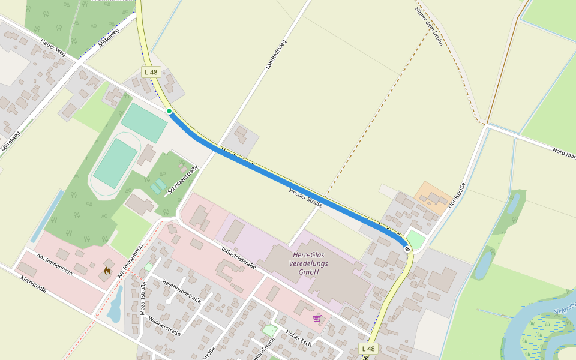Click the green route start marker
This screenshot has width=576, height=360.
point(169,111)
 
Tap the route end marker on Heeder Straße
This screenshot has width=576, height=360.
point(408,248)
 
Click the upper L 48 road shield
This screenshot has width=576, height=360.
point(151,72)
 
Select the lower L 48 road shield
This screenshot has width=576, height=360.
point(369,349)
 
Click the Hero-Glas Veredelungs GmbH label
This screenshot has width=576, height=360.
point(304,264)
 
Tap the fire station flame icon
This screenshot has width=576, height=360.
point(107,271)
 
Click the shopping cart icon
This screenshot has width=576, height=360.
point(317,318)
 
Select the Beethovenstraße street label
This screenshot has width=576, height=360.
point(181,291)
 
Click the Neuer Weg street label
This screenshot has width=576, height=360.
point(53,49)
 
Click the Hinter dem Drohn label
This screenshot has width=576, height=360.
point(428,27)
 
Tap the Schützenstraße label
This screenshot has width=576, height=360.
point(183,179)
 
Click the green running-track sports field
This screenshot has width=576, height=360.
point(115,163)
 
